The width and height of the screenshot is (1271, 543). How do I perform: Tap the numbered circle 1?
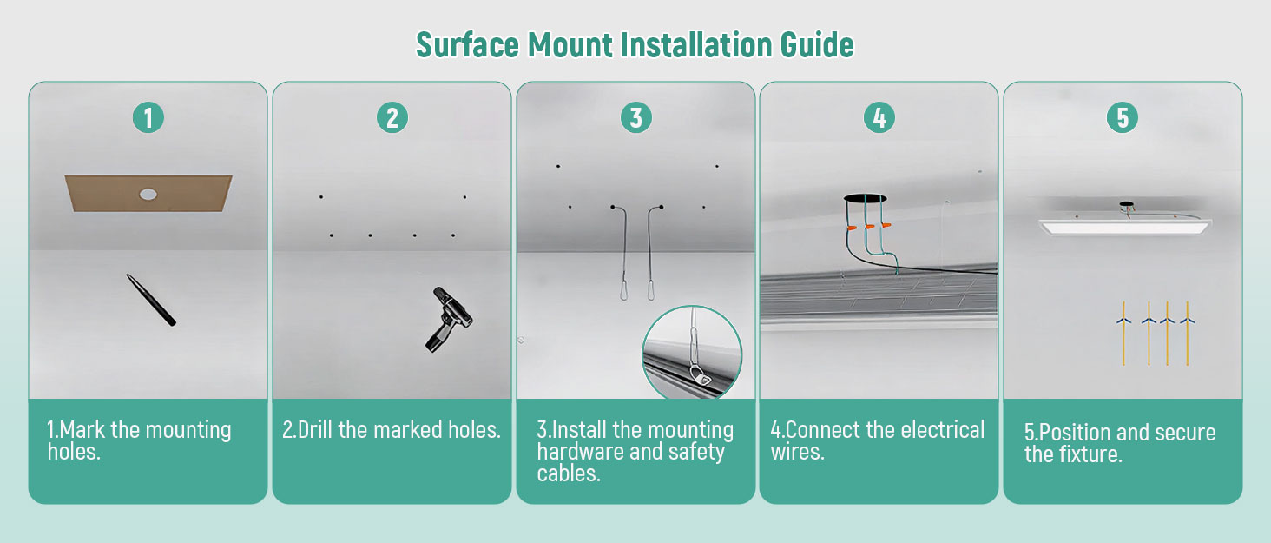click(148, 117)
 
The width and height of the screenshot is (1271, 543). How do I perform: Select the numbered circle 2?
click(392, 117)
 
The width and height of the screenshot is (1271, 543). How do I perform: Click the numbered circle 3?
click(636, 117)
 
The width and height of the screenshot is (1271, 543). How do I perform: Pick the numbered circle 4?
click(879, 117)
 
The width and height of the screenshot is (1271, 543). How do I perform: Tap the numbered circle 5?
click(1123, 117)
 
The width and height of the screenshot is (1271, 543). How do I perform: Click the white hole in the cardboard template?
click(148, 195)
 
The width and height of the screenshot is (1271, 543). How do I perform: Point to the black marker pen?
click(151, 300)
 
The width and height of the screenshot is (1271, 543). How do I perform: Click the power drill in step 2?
click(448, 319)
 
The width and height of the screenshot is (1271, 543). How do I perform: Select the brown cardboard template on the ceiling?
click(148, 193)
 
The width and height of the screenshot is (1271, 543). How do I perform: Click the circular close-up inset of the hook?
click(692, 353)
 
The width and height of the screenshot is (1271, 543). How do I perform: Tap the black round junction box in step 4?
click(865, 198)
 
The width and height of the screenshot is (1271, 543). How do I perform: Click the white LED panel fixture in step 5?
click(1125, 227)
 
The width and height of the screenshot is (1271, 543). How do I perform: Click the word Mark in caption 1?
click(82, 430)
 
